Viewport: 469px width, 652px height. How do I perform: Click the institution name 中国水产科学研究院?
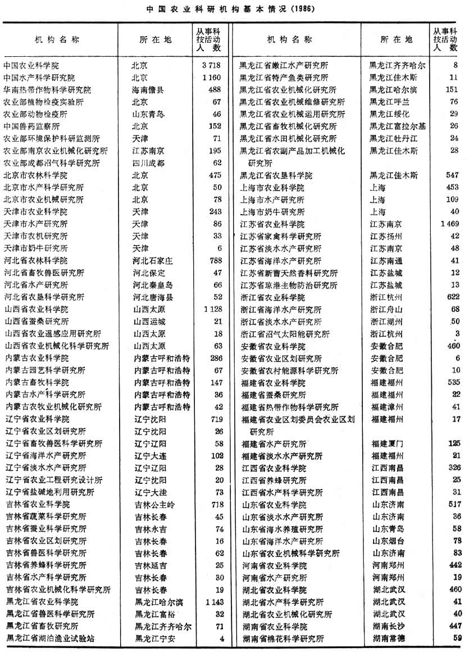(x=39, y=78)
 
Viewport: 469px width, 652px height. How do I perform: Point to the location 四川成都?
(x=149, y=163)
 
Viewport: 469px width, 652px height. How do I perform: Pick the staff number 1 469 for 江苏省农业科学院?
(x=450, y=224)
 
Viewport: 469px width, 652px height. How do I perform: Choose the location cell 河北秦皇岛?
(x=153, y=285)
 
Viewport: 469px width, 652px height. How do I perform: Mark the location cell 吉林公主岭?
(x=153, y=504)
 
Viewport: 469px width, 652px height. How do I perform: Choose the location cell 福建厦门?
(x=386, y=444)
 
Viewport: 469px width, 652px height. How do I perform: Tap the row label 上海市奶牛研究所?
(x=272, y=212)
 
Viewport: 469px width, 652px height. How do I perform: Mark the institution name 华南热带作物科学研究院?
(x=47, y=90)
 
